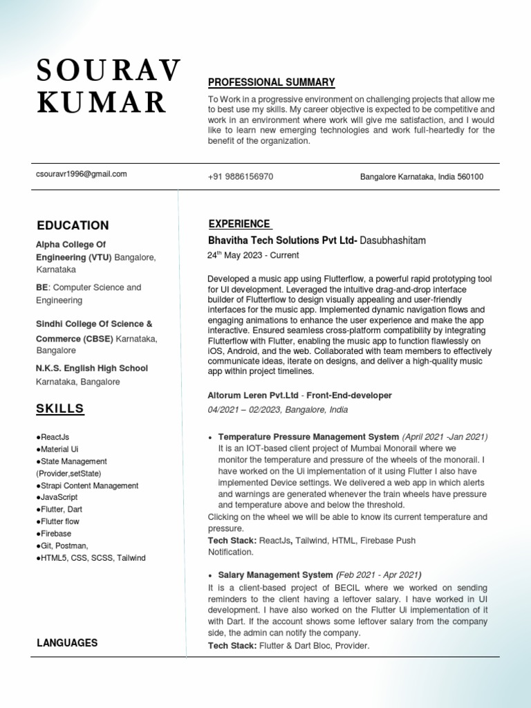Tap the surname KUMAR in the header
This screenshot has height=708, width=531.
click(x=102, y=102)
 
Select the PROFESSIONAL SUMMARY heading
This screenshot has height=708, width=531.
click(x=271, y=82)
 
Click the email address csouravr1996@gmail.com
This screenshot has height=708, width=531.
click(x=82, y=174)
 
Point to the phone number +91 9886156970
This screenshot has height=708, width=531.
click(x=240, y=177)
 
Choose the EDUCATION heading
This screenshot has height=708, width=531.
click(x=73, y=225)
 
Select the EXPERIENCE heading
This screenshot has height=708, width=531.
click(x=239, y=224)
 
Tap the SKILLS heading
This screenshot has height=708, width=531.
click(x=60, y=409)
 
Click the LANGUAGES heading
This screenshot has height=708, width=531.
click(x=67, y=643)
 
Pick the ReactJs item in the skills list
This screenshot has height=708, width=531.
click(x=53, y=437)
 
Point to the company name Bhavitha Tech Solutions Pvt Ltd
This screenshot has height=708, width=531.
click(x=282, y=241)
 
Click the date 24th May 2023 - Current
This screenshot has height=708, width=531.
click(x=253, y=255)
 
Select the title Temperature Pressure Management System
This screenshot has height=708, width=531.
click(x=308, y=437)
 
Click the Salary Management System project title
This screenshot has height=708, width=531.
click(x=275, y=575)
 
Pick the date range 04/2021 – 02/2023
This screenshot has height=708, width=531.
click(x=243, y=410)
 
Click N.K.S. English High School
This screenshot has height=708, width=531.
click(x=92, y=369)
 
